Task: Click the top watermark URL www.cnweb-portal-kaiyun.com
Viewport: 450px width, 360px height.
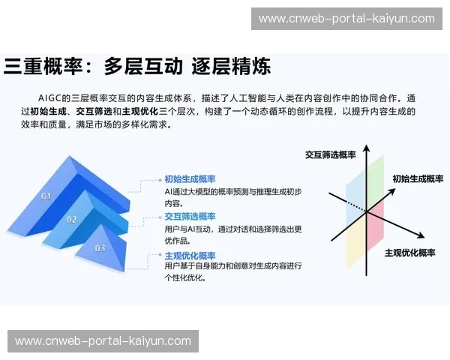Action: [346, 19]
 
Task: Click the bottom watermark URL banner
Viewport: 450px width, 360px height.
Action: [103, 341]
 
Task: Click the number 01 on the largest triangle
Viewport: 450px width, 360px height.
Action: [46, 196]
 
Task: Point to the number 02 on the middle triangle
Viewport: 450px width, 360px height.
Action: [72, 220]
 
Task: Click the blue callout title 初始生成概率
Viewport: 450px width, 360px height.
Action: [190, 179]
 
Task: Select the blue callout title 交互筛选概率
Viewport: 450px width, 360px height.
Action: [190, 216]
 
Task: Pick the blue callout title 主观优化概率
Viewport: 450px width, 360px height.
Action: [190, 255]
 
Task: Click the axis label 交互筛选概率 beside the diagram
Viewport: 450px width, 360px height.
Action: [330, 154]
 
